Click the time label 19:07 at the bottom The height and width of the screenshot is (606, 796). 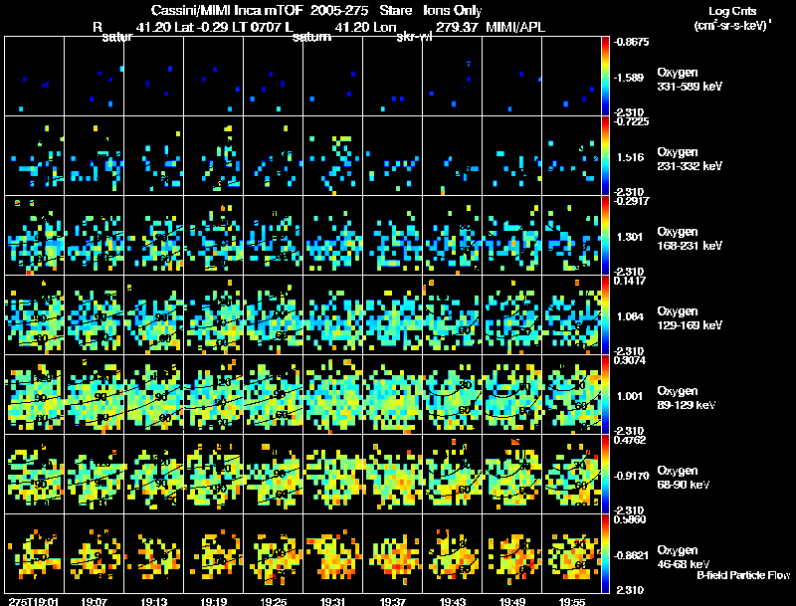(95, 601)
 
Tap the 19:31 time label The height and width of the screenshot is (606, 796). (333, 601)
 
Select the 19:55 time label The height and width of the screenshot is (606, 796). (572, 601)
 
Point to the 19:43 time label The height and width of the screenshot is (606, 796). (453, 601)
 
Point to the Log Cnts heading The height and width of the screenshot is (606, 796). (731, 10)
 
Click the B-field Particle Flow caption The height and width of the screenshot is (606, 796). (743, 575)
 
